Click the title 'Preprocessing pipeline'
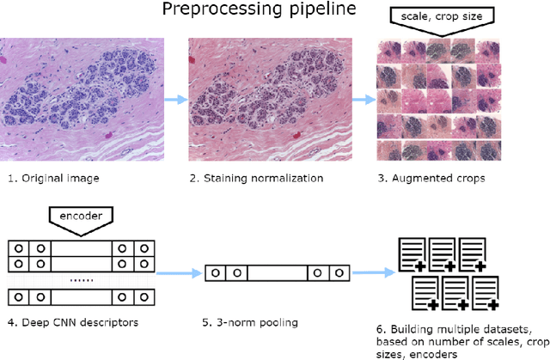pyautogui.click(x=274, y=11)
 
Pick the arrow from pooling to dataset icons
pyautogui.click(x=370, y=273)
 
